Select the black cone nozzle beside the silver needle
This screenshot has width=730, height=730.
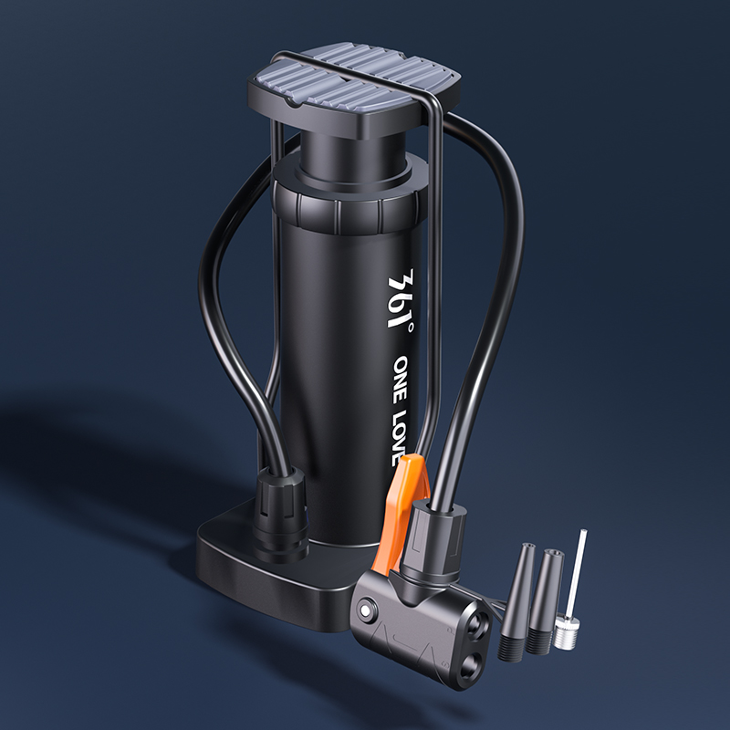coord(547,600)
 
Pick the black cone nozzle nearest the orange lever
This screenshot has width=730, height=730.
coord(516,600)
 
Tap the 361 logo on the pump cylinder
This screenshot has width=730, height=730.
coord(400,298)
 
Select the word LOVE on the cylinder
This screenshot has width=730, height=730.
coord(400,438)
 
